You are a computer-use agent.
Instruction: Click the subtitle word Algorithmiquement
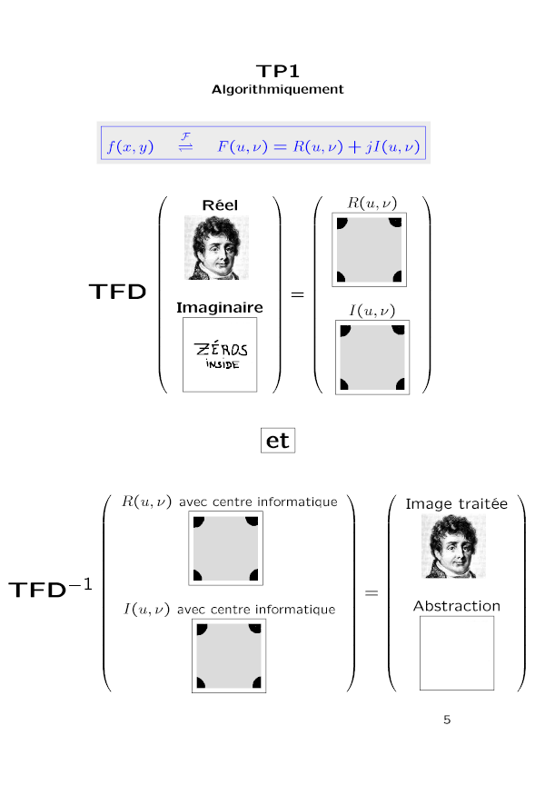point(278,90)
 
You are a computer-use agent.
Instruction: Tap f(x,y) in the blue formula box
point(130,146)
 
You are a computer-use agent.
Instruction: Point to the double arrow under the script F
point(185,148)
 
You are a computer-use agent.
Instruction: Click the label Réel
point(220,205)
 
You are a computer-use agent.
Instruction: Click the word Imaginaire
point(220,308)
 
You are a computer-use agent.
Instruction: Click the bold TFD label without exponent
point(117,293)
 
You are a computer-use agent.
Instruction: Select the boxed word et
point(278,441)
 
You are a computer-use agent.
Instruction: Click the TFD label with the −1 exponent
point(49,590)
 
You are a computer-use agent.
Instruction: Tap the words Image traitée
point(456,503)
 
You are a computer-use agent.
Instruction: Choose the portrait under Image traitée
point(454,546)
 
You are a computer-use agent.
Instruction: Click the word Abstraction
point(456,605)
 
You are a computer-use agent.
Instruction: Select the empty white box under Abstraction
point(456,652)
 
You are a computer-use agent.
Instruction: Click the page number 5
point(446,720)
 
